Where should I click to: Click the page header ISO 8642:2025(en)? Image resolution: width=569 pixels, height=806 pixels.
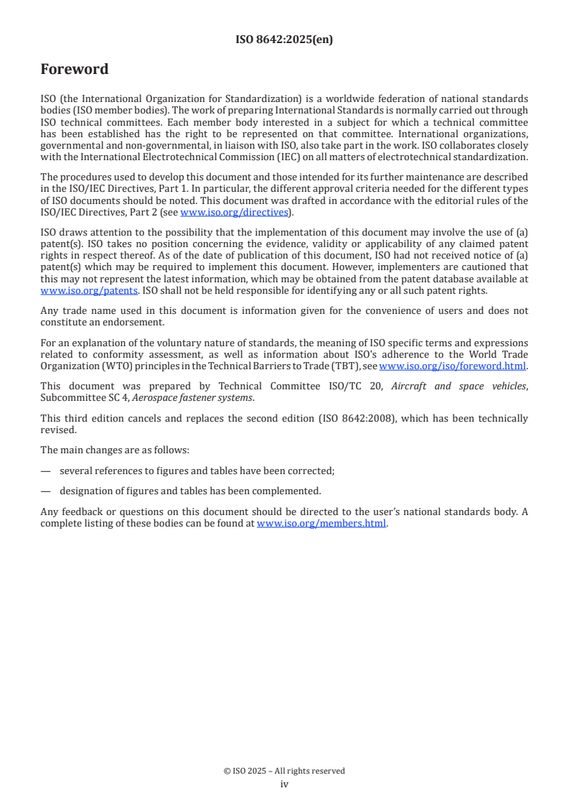point(284,40)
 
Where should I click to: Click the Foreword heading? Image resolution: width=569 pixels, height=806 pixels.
point(75,70)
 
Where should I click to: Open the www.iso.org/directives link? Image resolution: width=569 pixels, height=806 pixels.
point(233,212)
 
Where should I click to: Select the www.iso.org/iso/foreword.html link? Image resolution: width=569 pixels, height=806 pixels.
point(452,366)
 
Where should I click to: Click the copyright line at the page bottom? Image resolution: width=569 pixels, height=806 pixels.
point(284,771)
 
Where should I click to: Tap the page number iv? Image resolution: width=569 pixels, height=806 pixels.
point(284,784)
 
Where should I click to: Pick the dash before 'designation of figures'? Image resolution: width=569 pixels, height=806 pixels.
point(46,491)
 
